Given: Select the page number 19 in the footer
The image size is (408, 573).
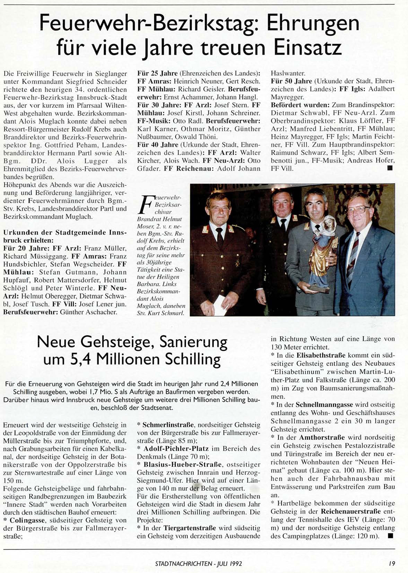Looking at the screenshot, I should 391,564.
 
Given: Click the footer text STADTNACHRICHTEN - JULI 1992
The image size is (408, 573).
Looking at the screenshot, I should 198,564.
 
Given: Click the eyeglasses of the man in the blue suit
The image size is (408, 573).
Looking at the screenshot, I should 358,209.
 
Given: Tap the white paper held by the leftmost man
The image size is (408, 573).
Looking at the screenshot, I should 219,305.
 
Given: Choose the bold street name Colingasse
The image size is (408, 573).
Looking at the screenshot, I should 28,520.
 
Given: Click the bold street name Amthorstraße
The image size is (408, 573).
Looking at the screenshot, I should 322,437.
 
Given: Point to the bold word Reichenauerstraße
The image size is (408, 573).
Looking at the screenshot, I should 350,511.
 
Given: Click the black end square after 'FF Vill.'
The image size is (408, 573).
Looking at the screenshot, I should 390,168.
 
